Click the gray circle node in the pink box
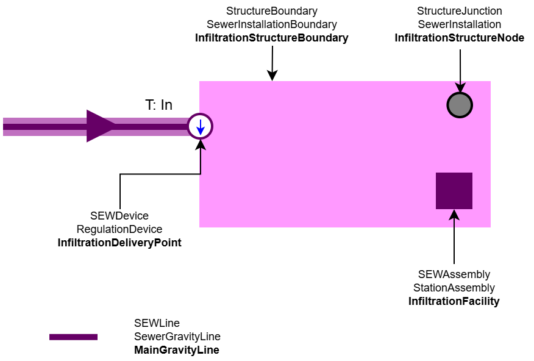(460, 105)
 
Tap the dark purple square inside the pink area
(454, 191)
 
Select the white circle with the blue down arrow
(200, 126)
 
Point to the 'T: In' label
(158, 105)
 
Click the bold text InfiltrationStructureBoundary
(271, 38)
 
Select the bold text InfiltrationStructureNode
(459, 38)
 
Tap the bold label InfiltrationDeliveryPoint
(119, 243)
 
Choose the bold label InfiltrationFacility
(454, 301)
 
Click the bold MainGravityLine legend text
(176, 350)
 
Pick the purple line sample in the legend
(73, 337)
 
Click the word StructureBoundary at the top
(271, 11)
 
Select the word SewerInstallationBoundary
(271, 24)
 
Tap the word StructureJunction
(459, 11)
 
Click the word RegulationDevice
(119, 229)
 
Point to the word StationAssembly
(454, 288)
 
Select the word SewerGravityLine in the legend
(177, 337)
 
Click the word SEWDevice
(119, 216)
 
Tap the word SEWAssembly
(454, 274)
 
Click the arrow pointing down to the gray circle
(460, 70)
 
